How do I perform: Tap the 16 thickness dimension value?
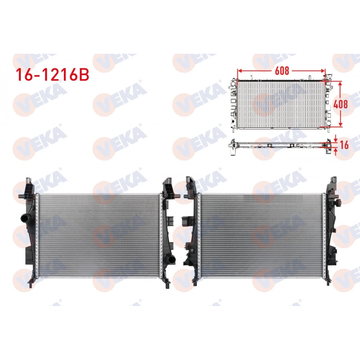click(x=343, y=146)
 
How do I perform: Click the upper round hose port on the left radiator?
click(x=24, y=219)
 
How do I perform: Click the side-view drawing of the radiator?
click(x=280, y=145)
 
